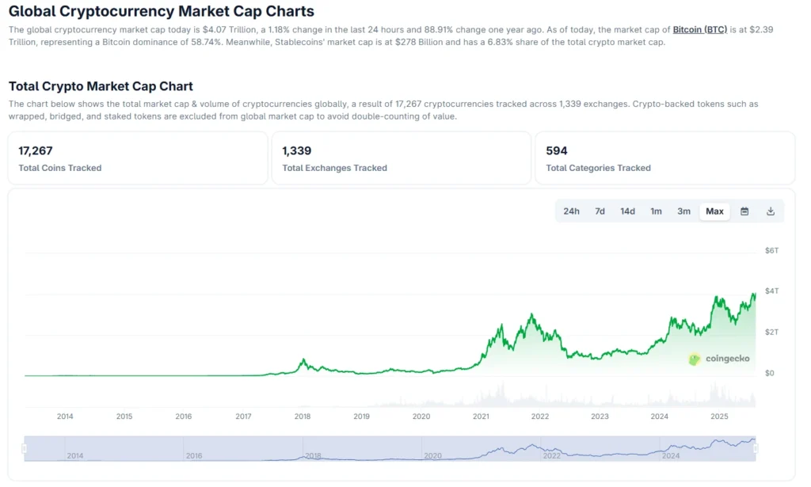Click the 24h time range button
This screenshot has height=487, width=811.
click(x=571, y=211)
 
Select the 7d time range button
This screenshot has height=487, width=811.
click(x=600, y=211)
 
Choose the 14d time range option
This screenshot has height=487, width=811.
click(x=627, y=211)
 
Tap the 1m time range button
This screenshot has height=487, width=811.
click(x=656, y=211)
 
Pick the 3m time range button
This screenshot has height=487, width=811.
click(x=683, y=211)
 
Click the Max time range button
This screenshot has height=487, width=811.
click(x=714, y=211)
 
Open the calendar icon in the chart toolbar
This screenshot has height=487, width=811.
click(x=744, y=211)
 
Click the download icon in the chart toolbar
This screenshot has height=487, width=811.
click(x=771, y=211)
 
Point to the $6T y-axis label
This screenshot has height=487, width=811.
click(x=771, y=251)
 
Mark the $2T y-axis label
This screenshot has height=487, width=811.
click(x=771, y=332)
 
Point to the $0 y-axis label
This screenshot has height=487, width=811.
click(x=770, y=373)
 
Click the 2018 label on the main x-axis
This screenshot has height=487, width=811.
click(x=302, y=417)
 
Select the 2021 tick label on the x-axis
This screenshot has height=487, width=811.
click(x=481, y=417)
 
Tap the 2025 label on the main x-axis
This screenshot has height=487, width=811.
click(x=718, y=417)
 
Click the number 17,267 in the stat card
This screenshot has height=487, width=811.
click(x=36, y=150)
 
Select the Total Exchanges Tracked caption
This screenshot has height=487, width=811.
click(x=334, y=168)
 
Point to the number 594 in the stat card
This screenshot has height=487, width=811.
click(x=557, y=150)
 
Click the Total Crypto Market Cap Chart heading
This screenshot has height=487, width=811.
click(x=101, y=86)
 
